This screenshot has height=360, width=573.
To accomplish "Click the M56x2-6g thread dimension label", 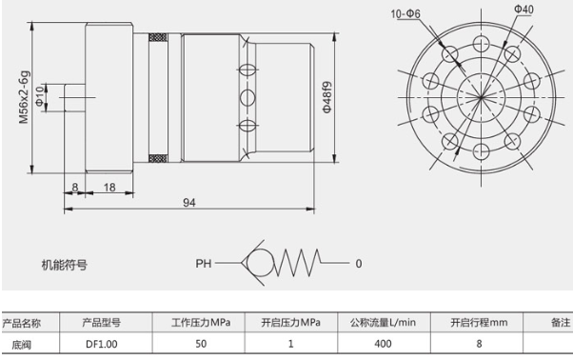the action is pos(24,97).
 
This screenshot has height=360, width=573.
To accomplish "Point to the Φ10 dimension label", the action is pos(39,96).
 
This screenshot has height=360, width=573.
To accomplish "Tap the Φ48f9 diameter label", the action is pos(327,97).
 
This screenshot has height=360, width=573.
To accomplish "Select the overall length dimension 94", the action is pos(188,202).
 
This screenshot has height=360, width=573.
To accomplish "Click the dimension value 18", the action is pos(109,187).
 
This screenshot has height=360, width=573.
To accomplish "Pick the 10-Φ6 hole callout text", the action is pos(405,14).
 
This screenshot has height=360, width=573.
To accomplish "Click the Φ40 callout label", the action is pos(524,10).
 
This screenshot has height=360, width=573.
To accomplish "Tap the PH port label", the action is pos(203,264).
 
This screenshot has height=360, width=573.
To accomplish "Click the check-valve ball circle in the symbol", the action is pos(260,263).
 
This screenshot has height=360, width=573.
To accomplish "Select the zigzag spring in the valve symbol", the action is pos(297,263).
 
